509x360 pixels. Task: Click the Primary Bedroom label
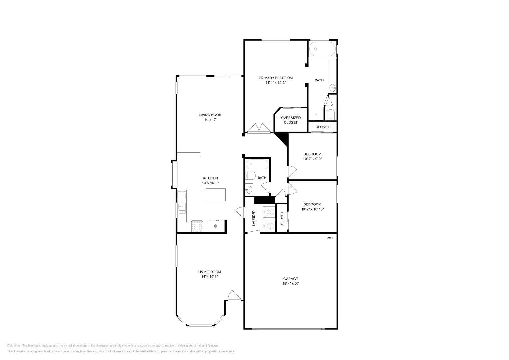click(x=275, y=78)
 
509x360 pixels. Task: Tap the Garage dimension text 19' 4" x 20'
click(x=291, y=283)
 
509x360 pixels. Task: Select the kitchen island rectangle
click(x=215, y=195)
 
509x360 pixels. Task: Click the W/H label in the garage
click(x=330, y=238)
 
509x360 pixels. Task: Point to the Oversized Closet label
click(x=291, y=120)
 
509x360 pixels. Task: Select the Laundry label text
click(x=254, y=218)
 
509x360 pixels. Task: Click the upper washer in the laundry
click(x=269, y=211)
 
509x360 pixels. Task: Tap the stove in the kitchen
click(x=197, y=226)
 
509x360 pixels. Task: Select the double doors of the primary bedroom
click(x=259, y=128)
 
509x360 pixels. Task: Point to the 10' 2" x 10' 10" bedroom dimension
click(x=312, y=209)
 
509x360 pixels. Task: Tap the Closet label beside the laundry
click(x=282, y=218)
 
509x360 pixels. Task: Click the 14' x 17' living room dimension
click(x=210, y=120)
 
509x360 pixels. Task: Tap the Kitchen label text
click(x=210, y=178)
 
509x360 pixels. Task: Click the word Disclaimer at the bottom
click(x=14, y=345)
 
